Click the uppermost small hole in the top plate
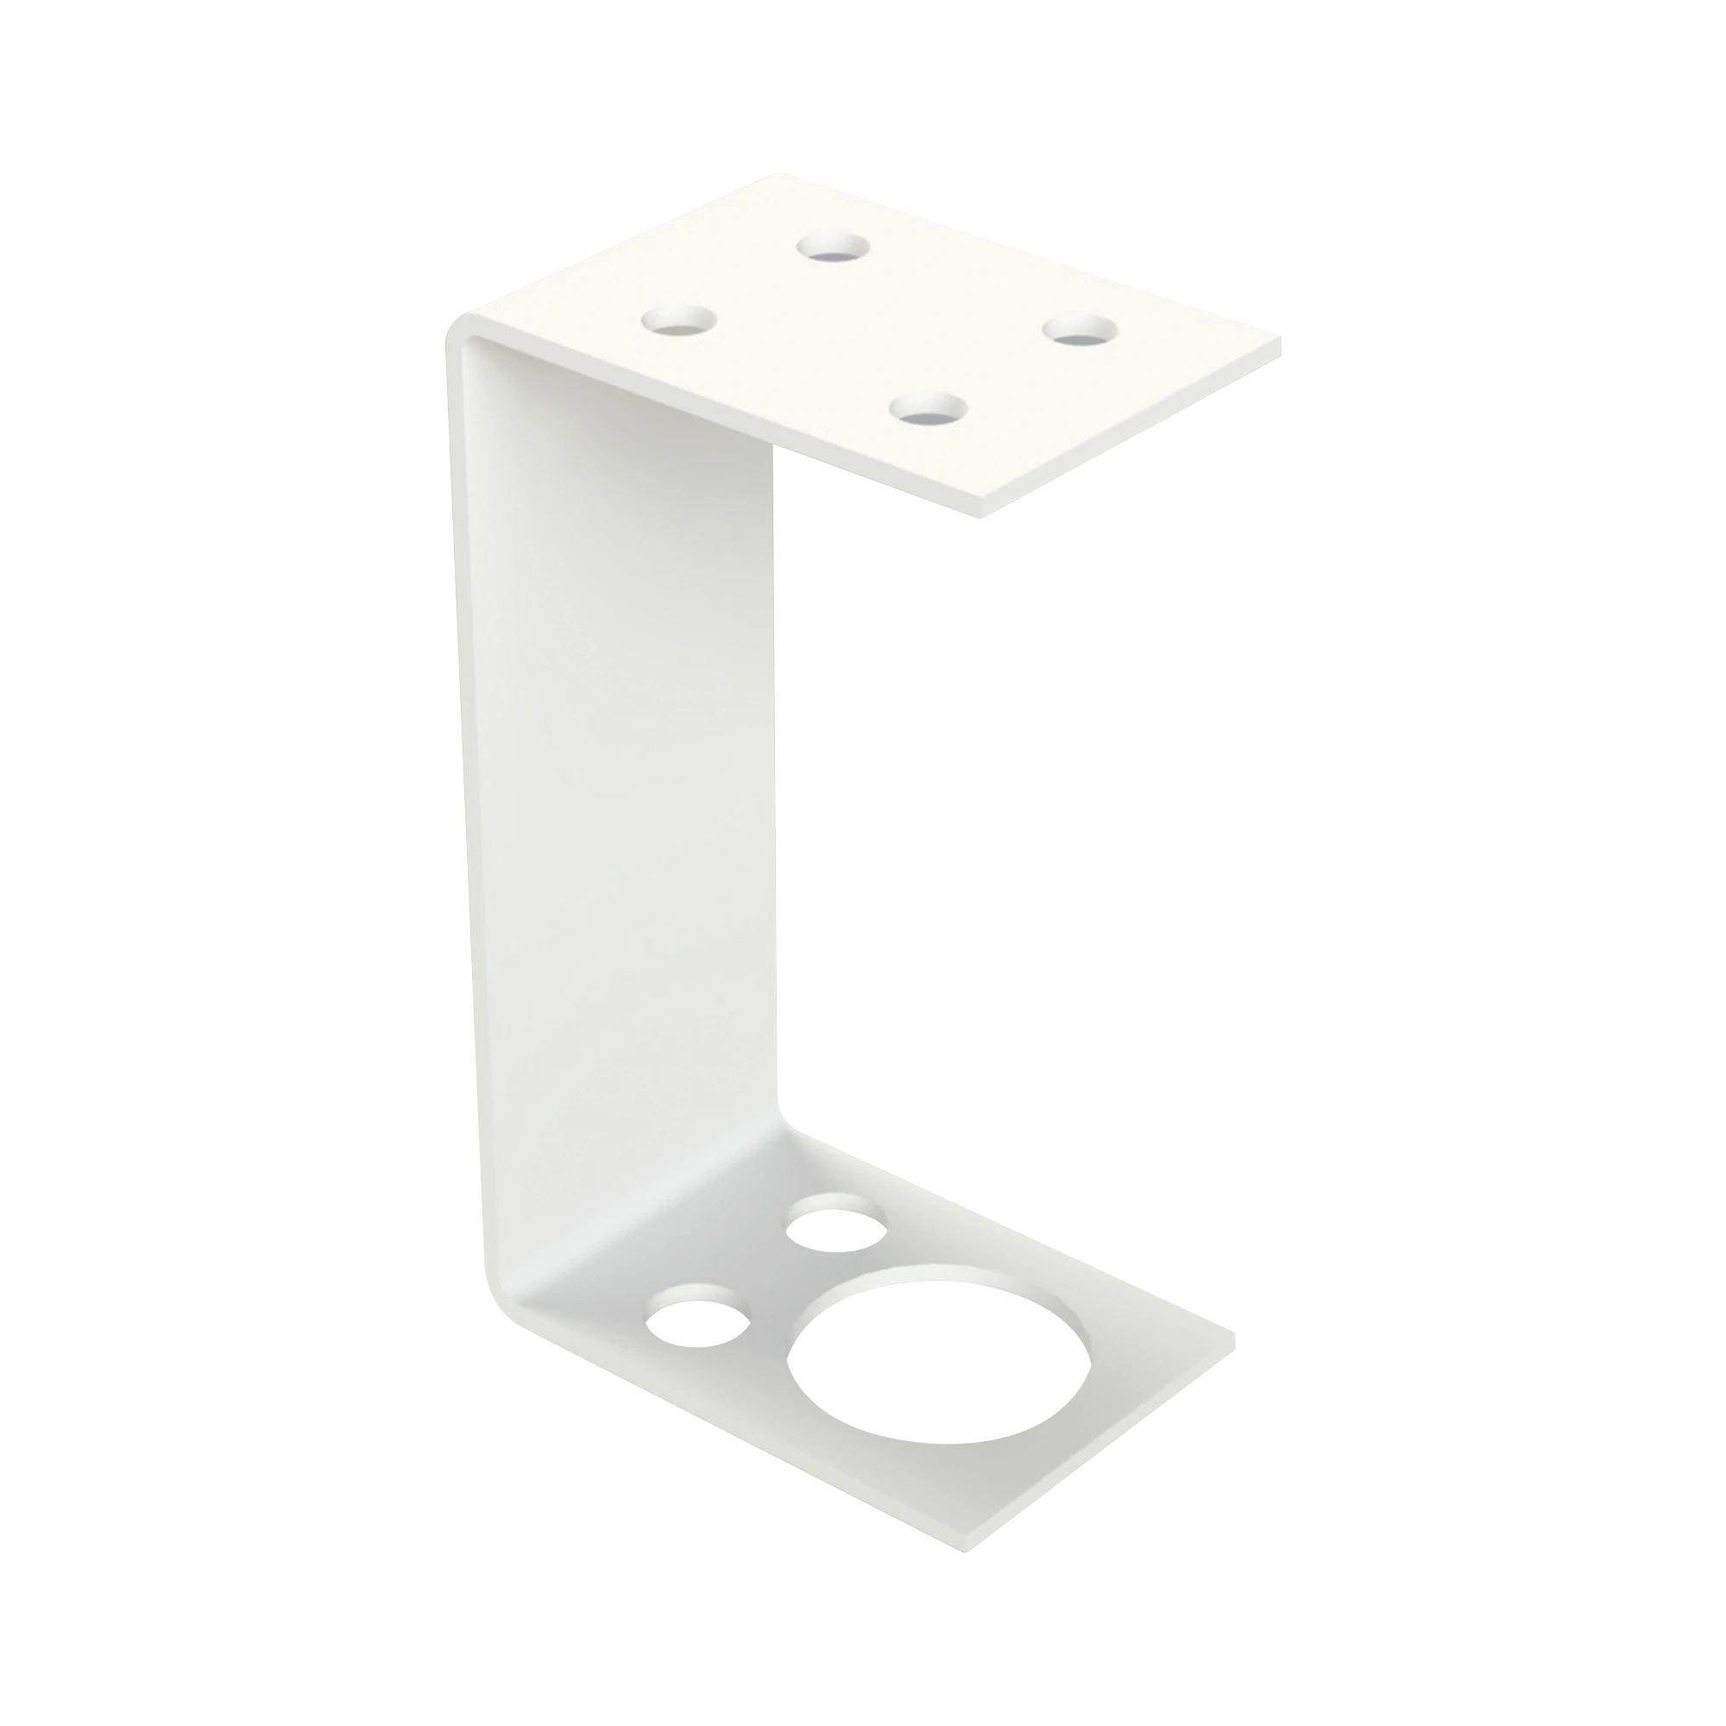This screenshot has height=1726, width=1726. [835, 247]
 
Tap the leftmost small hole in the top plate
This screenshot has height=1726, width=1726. [681, 321]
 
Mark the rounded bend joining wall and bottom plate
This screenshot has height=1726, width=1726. [527, 1287]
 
